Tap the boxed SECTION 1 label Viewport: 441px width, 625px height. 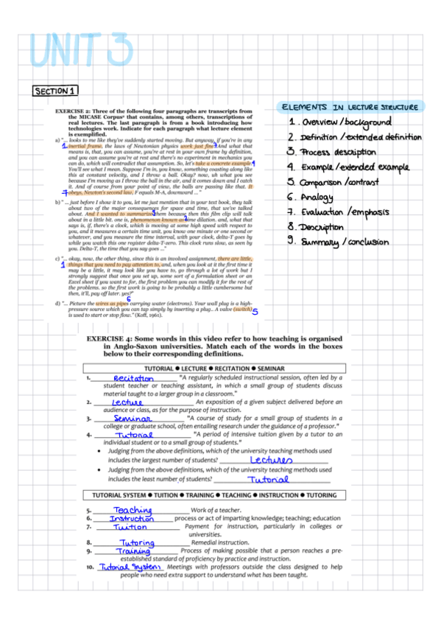tap(55, 91)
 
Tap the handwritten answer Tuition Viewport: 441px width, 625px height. tap(130, 527)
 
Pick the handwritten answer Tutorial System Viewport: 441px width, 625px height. tap(130, 568)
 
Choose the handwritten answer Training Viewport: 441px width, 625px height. tap(133, 551)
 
